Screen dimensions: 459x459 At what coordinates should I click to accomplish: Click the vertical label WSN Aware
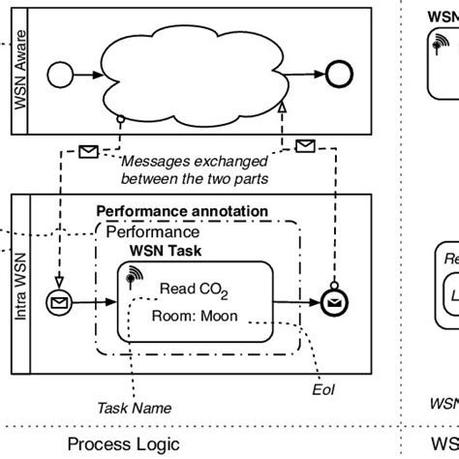click(21, 70)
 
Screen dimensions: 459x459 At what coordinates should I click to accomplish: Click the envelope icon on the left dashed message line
click(88, 151)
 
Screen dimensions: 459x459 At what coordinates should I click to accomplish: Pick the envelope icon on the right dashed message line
click(304, 146)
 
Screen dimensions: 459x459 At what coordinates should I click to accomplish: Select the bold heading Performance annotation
click(182, 211)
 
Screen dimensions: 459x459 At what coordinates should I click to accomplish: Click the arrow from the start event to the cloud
click(94, 73)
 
